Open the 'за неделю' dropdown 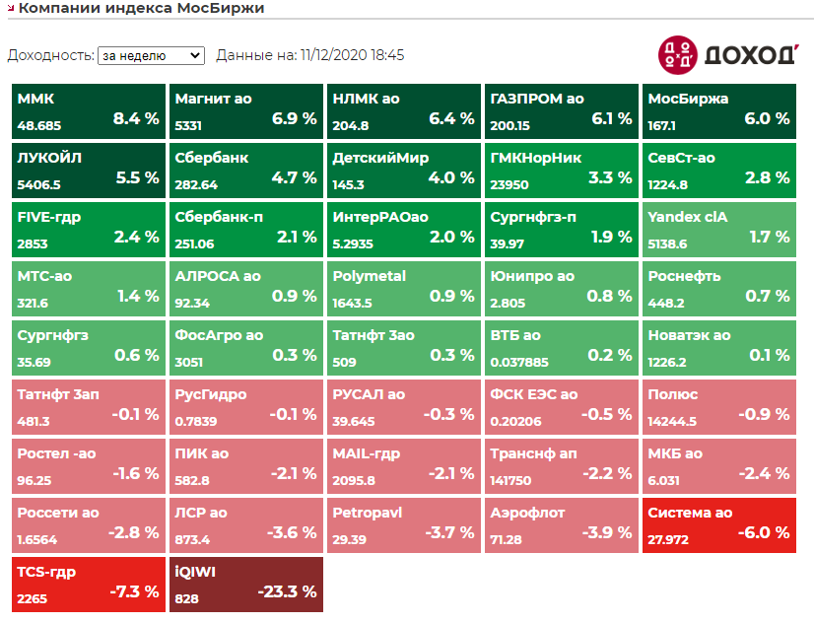click(150, 55)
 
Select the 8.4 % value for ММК click(136, 119)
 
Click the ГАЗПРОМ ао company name click(537, 99)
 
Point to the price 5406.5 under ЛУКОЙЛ click(39, 184)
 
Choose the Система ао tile click(718, 525)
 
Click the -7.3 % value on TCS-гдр click(136, 592)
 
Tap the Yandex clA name click(687, 217)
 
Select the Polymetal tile click(403, 289)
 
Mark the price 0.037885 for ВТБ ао click(519, 362)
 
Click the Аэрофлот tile click(561, 525)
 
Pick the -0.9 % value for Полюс click(766, 415)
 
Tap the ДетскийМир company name click(381, 158)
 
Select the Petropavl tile click(403, 525)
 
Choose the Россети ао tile click(88, 525)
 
